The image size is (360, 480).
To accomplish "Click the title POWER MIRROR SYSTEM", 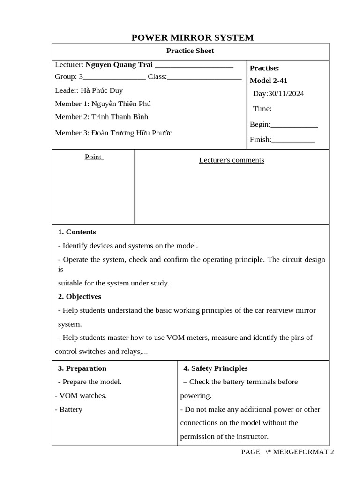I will [193, 37].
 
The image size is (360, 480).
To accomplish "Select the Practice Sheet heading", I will [190, 51].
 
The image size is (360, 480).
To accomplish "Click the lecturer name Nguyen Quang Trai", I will [119, 64].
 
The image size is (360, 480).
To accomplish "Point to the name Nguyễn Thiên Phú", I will [121, 104].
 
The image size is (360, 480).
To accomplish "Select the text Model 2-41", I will [269, 80].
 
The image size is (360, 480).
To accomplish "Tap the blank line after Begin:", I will [294, 125].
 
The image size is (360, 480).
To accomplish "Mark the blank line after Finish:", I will [293, 140].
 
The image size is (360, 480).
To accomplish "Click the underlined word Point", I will [93, 157].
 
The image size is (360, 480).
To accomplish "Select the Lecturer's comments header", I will [232, 160].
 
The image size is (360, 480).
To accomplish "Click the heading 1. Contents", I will [77, 232].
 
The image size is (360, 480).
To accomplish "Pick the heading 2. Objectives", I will [79, 296].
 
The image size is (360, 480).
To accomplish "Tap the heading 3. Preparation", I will [82, 368].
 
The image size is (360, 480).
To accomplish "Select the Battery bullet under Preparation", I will [71, 409].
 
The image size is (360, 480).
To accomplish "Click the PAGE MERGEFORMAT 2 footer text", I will [287, 452].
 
